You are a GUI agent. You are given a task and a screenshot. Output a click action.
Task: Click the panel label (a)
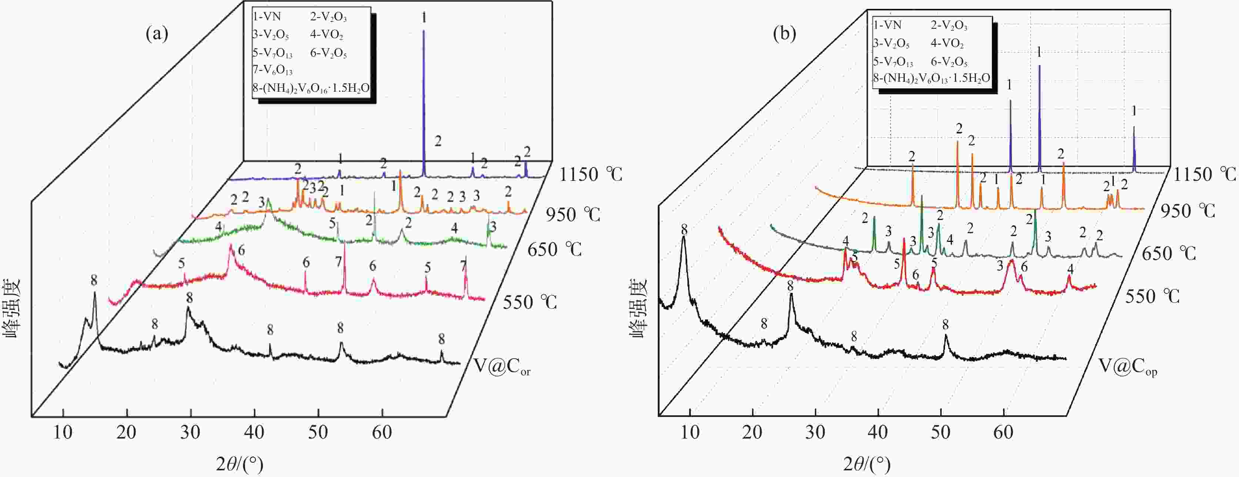pos(157,34)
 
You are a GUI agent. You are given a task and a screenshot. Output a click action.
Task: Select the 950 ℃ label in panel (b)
pos(1188,210)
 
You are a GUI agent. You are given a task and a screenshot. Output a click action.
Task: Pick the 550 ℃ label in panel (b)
pos(1152,296)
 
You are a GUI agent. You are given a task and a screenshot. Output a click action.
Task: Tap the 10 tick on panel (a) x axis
pos(63,432)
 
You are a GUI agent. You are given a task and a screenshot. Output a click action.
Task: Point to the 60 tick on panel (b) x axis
pos(1003,432)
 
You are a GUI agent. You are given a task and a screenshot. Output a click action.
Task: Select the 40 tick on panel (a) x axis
pos(254,432)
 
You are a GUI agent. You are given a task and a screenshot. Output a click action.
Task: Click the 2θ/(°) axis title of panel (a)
pos(239,464)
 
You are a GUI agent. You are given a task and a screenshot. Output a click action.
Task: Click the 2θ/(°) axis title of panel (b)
pos(866,464)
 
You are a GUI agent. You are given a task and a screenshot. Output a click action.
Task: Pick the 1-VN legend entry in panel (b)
pos(887,25)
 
